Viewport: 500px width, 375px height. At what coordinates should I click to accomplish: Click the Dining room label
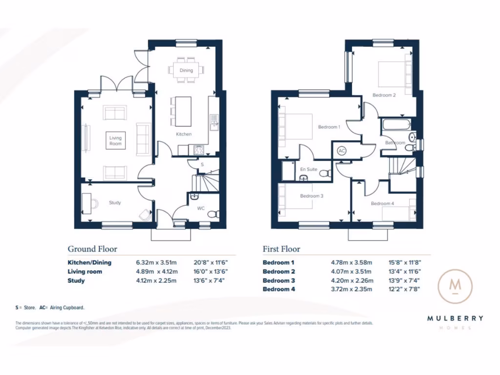tap(186, 70)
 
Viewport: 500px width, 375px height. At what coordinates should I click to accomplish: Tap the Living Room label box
tap(115, 141)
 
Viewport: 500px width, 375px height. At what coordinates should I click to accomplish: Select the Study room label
tap(115, 203)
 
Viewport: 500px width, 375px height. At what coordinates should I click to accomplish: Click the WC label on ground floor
tap(201, 208)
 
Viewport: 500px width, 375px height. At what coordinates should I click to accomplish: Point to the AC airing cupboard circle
tap(342, 151)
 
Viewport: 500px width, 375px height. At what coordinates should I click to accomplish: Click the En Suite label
tap(309, 169)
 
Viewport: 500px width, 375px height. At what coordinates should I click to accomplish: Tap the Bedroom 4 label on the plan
tap(382, 204)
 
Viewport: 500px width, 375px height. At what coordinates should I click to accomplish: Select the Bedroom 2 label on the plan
tap(384, 95)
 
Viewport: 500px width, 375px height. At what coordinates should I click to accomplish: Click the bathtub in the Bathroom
tap(396, 125)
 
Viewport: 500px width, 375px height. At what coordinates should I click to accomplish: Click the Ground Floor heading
tap(92, 249)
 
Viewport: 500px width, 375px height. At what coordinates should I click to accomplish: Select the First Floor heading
tap(281, 249)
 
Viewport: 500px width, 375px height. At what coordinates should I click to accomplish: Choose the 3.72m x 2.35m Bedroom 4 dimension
tap(351, 290)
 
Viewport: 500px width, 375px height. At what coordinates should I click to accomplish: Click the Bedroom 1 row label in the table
tap(279, 262)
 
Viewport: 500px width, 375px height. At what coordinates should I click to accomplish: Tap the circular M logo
tap(455, 286)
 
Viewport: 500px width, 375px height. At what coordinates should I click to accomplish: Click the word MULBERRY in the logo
tap(455, 318)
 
